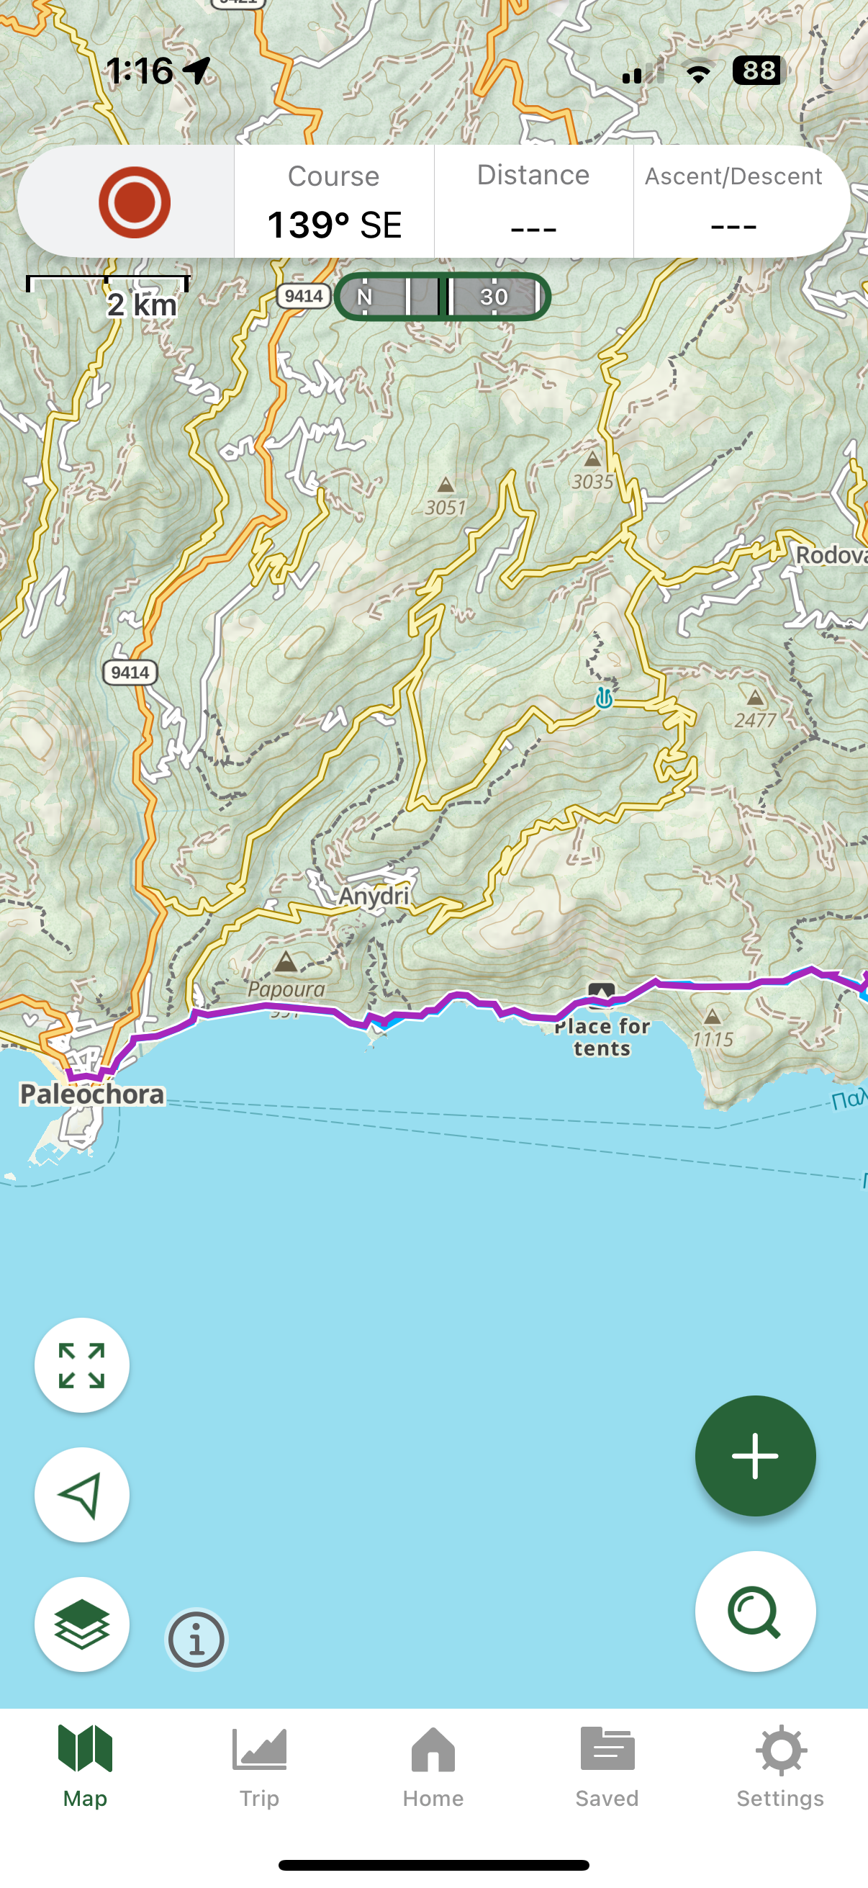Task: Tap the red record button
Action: (x=134, y=202)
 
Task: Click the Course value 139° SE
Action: (x=334, y=224)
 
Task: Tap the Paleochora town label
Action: (x=92, y=1094)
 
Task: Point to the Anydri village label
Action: (x=374, y=896)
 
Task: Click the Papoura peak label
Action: (x=286, y=989)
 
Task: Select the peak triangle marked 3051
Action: (x=446, y=485)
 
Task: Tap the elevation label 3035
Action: (x=592, y=482)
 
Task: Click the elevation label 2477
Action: (x=755, y=720)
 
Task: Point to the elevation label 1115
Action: (x=713, y=1038)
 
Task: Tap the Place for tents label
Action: (x=602, y=1037)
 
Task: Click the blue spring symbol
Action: (x=604, y=698)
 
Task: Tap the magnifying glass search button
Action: (x=754, y=1611)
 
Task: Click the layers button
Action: (x=82, y=1624)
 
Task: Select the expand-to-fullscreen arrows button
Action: (x=82, y=1365)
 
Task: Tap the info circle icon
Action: (x=196, y=1639)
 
